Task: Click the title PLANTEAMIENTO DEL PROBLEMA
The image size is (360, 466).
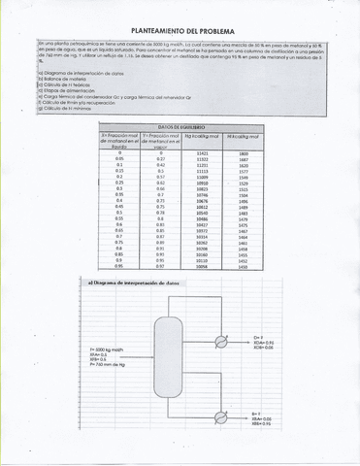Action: pos(180,30)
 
